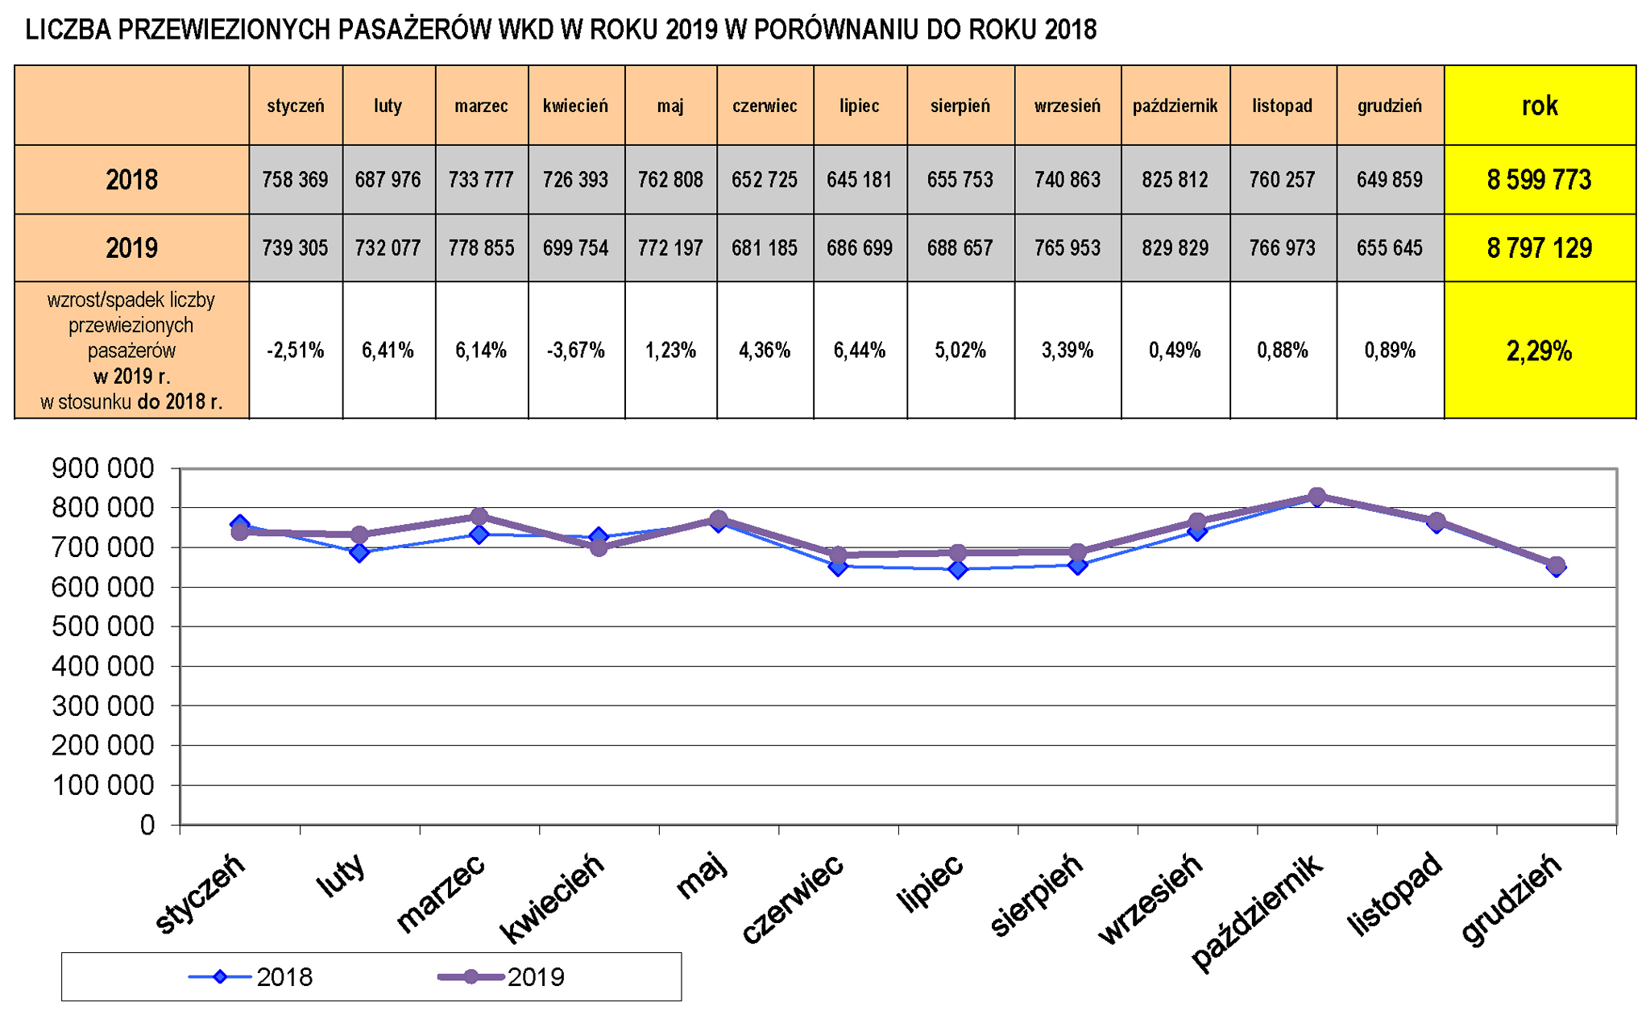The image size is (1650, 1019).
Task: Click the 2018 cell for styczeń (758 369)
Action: coord(295,179)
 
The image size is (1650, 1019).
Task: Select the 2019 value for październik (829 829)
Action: coord(1175,247)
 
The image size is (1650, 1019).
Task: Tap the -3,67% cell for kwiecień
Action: coord(575,351)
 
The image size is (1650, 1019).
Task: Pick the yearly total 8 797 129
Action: coord(1539,247)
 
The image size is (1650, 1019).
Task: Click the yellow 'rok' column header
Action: coord(1539,106)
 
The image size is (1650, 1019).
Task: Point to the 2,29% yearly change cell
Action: coord(1539,351)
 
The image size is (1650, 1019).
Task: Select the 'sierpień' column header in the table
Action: coord(960,106)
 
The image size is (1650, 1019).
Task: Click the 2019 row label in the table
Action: coord(131,247)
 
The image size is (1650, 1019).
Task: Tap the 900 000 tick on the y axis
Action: coord(102,468)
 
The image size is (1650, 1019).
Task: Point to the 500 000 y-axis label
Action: coord(102,626)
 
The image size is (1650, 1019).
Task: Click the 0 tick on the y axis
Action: coord(147,825)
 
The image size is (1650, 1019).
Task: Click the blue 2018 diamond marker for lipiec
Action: coord(958,570)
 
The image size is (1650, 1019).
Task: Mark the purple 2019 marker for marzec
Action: coord(479,517)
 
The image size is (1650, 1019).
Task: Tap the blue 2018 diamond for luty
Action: coord(359,553)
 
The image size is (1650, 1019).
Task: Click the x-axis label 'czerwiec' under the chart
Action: coord(793,898)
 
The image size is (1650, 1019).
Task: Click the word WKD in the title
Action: coord(524,30)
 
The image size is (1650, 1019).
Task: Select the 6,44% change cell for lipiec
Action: coord(859,351)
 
